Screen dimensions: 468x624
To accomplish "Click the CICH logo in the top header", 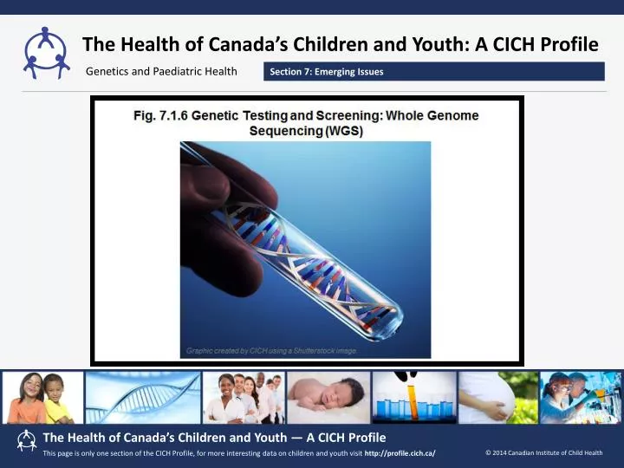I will tap(46, 51).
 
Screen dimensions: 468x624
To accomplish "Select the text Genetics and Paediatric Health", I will tap(161, 71).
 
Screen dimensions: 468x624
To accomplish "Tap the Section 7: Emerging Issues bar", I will tap(434, 71).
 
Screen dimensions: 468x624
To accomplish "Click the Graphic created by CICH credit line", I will tap(271, 350).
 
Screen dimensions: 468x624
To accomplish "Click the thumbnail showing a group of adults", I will tap(244, 398).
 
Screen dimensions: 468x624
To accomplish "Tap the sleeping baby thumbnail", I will tap(328, 398).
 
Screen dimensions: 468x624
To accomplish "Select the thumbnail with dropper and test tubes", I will tap(414, 398).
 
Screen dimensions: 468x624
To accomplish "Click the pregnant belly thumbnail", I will tap(497, 398).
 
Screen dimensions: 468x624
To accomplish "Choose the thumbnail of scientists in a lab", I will tap(580, 398).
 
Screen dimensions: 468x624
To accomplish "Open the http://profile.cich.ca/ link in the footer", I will tap(400, 453).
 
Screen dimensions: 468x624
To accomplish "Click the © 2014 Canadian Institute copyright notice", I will tap(543, 452).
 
